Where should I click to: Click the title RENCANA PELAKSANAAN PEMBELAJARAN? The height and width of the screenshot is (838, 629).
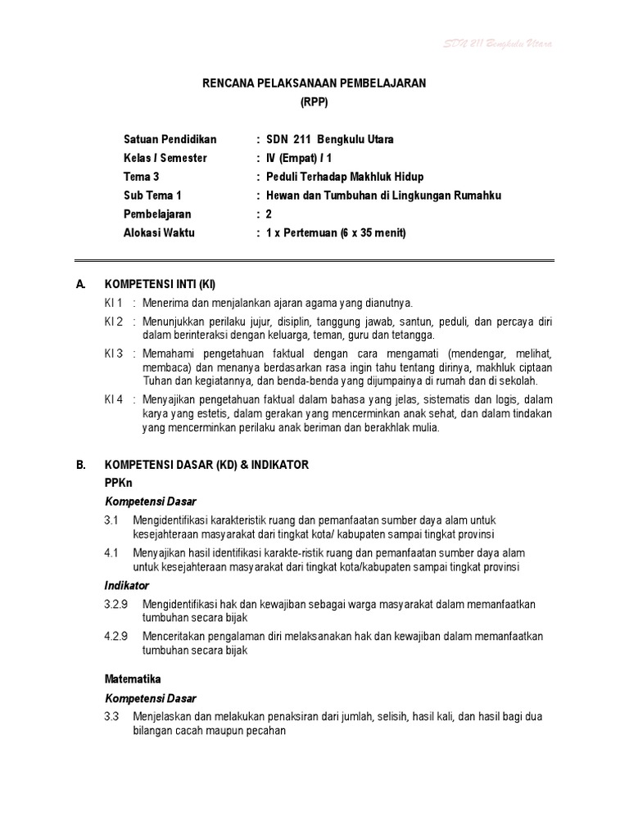pos(314,83)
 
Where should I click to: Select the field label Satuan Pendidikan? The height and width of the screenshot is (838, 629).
pos(170,139)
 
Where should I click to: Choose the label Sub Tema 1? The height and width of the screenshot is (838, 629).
pos(152,196)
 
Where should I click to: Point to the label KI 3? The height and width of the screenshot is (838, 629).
pos(113,353)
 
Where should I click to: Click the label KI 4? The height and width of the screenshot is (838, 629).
pos(113,399)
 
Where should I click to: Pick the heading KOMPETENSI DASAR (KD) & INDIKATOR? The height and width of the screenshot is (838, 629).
pos(206,465)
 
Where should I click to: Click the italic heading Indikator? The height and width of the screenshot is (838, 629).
pos(127,586)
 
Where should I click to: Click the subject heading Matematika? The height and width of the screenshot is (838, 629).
pos(133,679)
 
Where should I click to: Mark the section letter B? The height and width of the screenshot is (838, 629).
pos(80,465)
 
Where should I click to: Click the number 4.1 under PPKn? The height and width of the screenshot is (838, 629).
pos(112,553)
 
